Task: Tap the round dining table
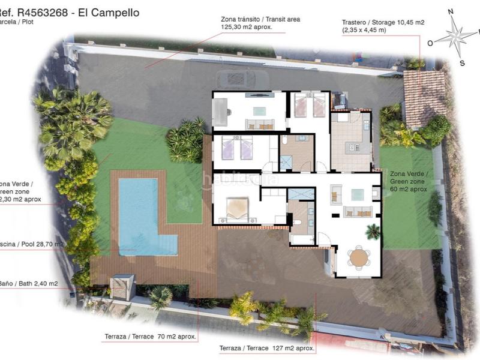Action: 359,258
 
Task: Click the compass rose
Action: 455,35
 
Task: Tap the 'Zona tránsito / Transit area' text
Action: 260,20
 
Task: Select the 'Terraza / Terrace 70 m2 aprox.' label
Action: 150,337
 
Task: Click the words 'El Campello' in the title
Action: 110,11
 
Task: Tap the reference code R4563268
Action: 46,11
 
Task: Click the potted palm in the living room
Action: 373,231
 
